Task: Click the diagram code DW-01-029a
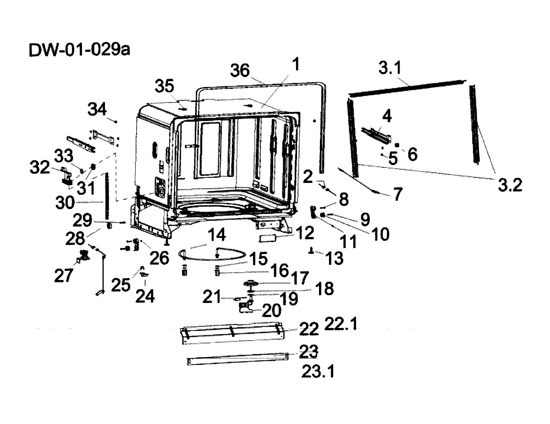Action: (x=79, y=50)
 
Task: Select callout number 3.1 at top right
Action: (x=390, y=69)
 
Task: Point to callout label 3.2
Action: (x=510, y=185)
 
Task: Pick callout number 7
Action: (x=397, y=194)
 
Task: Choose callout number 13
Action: (x=335, y=258)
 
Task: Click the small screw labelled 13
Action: (x=312, y=250)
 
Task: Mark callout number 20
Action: (x=271, y=310)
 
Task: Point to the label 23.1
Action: (x=318, y=371)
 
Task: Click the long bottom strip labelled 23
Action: (x=238, y=360)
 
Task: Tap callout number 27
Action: (x=63, y=275)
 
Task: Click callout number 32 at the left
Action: (x=40, y=167)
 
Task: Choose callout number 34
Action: (x=97, y=110)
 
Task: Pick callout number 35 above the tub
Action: (x=165, y=86)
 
